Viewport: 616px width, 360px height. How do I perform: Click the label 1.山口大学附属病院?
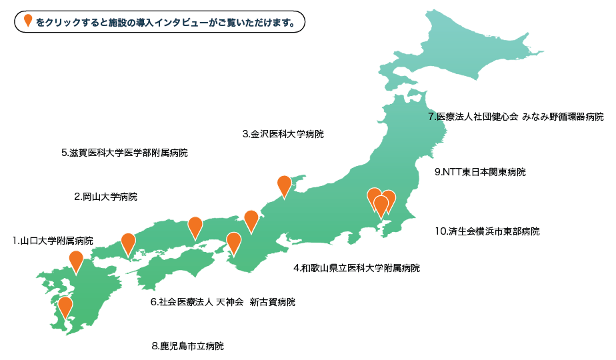pyautogui.click(x=53, y=240)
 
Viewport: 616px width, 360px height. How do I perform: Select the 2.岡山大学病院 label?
pyautogui.click(x=106, y=197)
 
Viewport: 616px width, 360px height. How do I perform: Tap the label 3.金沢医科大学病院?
pyautogui.click(x=283, y=134)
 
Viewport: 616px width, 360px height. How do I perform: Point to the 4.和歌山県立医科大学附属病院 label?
pyautogui.click(x=357, y=268)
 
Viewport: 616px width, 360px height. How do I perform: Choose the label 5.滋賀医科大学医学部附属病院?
pyautogui.click(x=124, y=153)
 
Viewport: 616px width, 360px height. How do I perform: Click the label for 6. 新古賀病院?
pyautogui.click(x=223, y=302)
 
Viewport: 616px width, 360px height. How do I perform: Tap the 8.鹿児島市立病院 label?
pyautogui.click(x=188, y=346)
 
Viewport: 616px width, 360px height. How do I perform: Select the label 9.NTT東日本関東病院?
pyautogui.click(x=479, y=172)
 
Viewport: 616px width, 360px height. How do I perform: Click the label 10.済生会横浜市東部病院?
pyautogui.click(x=487, y=231)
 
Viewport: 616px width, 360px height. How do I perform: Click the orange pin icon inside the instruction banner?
pyautogui.click(x=28, y=21)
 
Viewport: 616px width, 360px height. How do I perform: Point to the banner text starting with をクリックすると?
pyautogui.click(x=165, y=22)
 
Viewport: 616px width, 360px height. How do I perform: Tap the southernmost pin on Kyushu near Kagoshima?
pyautogui.click(x=65, y=307)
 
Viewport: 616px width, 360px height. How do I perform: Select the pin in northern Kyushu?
pyautogui.click(x=76, y=261)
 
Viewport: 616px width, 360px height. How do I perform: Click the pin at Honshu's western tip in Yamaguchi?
pyautogui.click(x=127, y=243)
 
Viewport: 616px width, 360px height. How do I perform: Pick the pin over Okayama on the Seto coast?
pyautogui.click(x=195, y=227)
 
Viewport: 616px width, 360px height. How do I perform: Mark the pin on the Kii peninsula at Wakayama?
pyautogui.click(x=233, y=242)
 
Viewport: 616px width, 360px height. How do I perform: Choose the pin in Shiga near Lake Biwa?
pyautogui.click(x=251, y=220)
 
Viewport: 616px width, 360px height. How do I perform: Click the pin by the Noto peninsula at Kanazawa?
pyautogui.click(x=284, y=186)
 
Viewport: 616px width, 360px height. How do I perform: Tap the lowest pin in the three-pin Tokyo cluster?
pyautogui.click(x=381, y=206)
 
